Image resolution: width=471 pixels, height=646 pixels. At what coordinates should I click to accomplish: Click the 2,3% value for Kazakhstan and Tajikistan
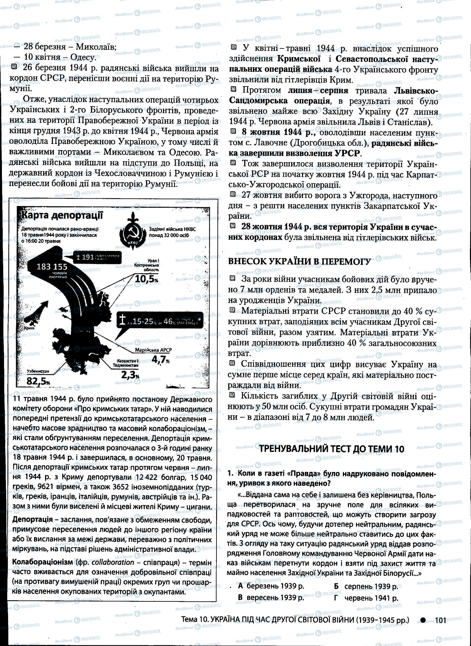(x=130, y=374)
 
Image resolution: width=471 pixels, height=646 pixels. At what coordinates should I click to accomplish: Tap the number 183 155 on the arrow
(x=52, y=266)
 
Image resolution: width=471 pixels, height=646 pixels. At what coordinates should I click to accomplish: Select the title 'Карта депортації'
(x=61, y=215)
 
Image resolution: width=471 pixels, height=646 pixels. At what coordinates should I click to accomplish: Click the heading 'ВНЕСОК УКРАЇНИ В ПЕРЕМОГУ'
(x=299, y=261)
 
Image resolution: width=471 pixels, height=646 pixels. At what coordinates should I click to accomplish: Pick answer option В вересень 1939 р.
(x=271, y=598)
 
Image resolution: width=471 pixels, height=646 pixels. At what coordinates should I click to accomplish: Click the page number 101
(x=440, y=620)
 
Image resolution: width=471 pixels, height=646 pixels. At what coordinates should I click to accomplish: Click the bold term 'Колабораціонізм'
(x=42, y=562)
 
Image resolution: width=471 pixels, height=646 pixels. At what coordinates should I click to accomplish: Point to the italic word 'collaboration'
(x=113, y=562)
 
